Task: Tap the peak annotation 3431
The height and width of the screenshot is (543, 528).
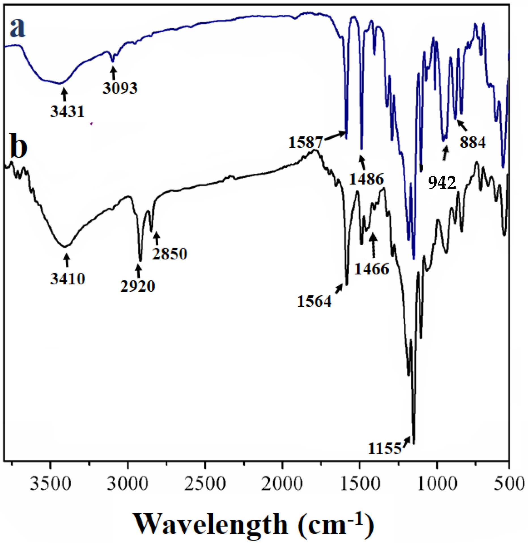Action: pyautogui.click(x=67, y=112)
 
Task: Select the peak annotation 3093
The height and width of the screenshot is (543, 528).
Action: pyautogui.click(x=120, y=88)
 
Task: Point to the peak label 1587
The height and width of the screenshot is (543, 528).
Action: pyautogui.click(x=305, y=142)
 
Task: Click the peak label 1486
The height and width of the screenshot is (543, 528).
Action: pyautogui.click(x=366, y=179)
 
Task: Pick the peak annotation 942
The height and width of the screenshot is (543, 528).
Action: pyautogui.click(x=442, y=183)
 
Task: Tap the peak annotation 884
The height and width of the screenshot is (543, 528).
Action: pyautogui.click(x=473, y=142)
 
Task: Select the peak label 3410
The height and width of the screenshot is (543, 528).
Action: pyautogui.click(x=68, y=279)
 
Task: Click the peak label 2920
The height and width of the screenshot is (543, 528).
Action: pyautogui.click(x=138, y=286)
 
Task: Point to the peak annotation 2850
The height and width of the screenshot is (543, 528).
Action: pyautogui.click(x=170, y=254)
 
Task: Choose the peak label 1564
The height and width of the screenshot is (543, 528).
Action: pyautogui.click(x=314, y=301)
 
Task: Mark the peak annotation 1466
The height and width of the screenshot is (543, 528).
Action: pyautogui.click(x=372, y=269)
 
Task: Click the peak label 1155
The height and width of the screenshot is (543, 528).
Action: pyautogui.click(x=385, y=449)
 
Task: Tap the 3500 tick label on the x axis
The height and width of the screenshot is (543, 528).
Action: pyautogui.click(x=50, y=484)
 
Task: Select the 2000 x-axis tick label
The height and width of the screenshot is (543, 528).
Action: pyautogui.click(x=282, y=484)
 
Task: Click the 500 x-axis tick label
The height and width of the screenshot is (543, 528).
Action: pyautogui.click(x=509, y=484)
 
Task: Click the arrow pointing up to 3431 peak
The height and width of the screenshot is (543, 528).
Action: pyautogui.click(x=65, y=94)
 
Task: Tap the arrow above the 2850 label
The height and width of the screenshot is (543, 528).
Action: pyautogui.click(x=156, y=238)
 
